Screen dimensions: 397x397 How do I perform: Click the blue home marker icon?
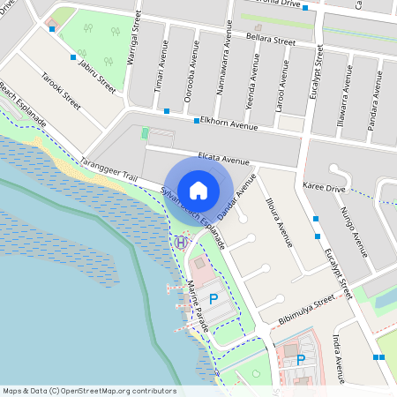tap(198, 190)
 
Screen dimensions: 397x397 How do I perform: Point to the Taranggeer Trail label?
tap(109, 170)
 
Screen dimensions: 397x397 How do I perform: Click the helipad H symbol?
tap(180, 242)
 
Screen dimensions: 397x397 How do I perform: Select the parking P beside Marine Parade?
tap(213, 300)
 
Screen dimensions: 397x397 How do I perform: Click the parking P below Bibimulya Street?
tap(300, 360)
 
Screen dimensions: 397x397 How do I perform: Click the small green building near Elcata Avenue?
tap(146, 133)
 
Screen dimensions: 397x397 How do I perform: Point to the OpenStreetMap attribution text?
tap(88, 391)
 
